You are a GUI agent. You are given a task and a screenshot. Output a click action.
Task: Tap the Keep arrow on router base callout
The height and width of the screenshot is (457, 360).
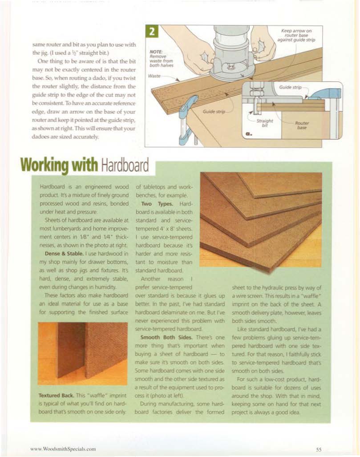pos(296,35)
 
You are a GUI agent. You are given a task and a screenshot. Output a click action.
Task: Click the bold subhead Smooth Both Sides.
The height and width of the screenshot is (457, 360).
pos(158,338)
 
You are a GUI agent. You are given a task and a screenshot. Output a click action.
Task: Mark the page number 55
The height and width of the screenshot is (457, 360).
pos(319,449)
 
